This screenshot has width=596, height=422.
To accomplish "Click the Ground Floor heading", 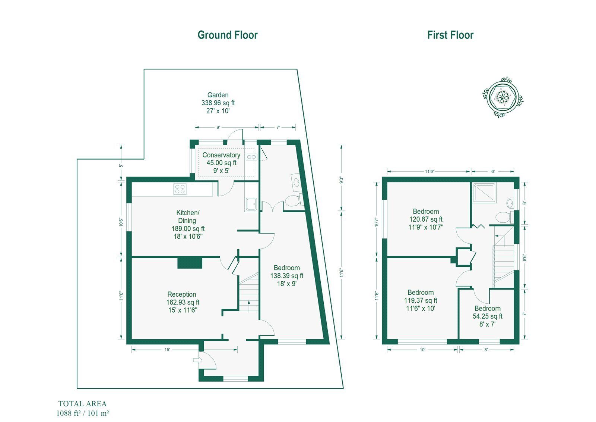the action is pyautogui.click(x=228, y=35).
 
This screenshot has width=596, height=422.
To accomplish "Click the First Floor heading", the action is pyautogui.click(x=450, y=35).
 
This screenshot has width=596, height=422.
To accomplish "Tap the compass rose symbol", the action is pyautogui.click(x=503, y=97).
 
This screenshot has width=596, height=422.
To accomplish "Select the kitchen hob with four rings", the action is pyautogui.click(x=180, y=189).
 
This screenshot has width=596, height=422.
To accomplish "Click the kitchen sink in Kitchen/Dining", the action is pyautogui.click(x=251, y=204).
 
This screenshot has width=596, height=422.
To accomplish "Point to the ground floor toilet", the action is pyautogui.click(x=294, y=200).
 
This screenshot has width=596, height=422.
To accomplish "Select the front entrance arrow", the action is pyautogui.click(x=197, y=360).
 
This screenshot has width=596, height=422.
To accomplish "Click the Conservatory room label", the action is pyautogui.click(x=221, y=155).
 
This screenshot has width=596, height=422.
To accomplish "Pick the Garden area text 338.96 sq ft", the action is pyautogui.click(x=218, y=103).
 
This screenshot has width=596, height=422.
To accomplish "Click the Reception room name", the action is pyautogui.click(x=182, y=294).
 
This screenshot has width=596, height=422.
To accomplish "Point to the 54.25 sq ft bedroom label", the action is pyautogui.click(x=488, y=316).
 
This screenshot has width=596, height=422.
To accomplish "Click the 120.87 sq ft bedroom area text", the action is pyautogui.click(x=426, y=219).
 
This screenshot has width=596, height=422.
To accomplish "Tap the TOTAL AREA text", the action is pyautogui.click(x=82, y=404).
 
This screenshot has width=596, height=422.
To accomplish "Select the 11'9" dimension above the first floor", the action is pyautogui.click(x=429, y=171).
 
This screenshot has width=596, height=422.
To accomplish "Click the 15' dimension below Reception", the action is pyautogui.click(x=167, y=350).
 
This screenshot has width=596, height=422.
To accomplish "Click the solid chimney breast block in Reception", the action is pyautogui.click(x=190, y=263).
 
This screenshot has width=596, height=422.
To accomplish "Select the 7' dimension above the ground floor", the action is pyautogui.click(x=278, y=128).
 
